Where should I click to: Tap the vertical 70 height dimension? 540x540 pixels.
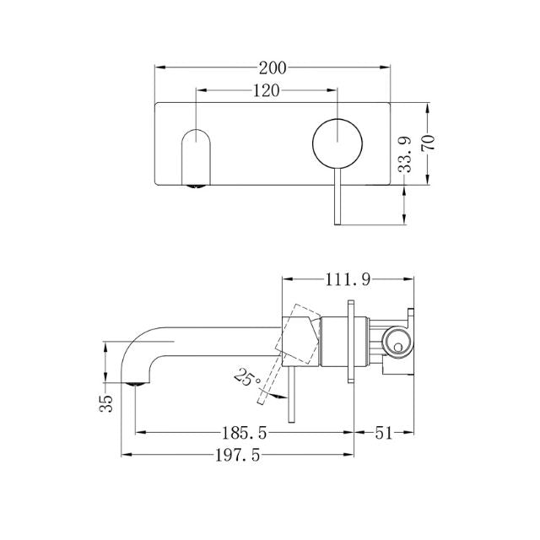pos(429,141)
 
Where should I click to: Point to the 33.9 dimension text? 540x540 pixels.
pos(407,156)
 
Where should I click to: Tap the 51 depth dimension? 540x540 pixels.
pos(383,433)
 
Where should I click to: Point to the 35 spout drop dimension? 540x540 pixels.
pos(106,402)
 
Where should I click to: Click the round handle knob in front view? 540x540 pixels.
pos(337,143)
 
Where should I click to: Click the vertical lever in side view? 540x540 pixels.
pos(293,397)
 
